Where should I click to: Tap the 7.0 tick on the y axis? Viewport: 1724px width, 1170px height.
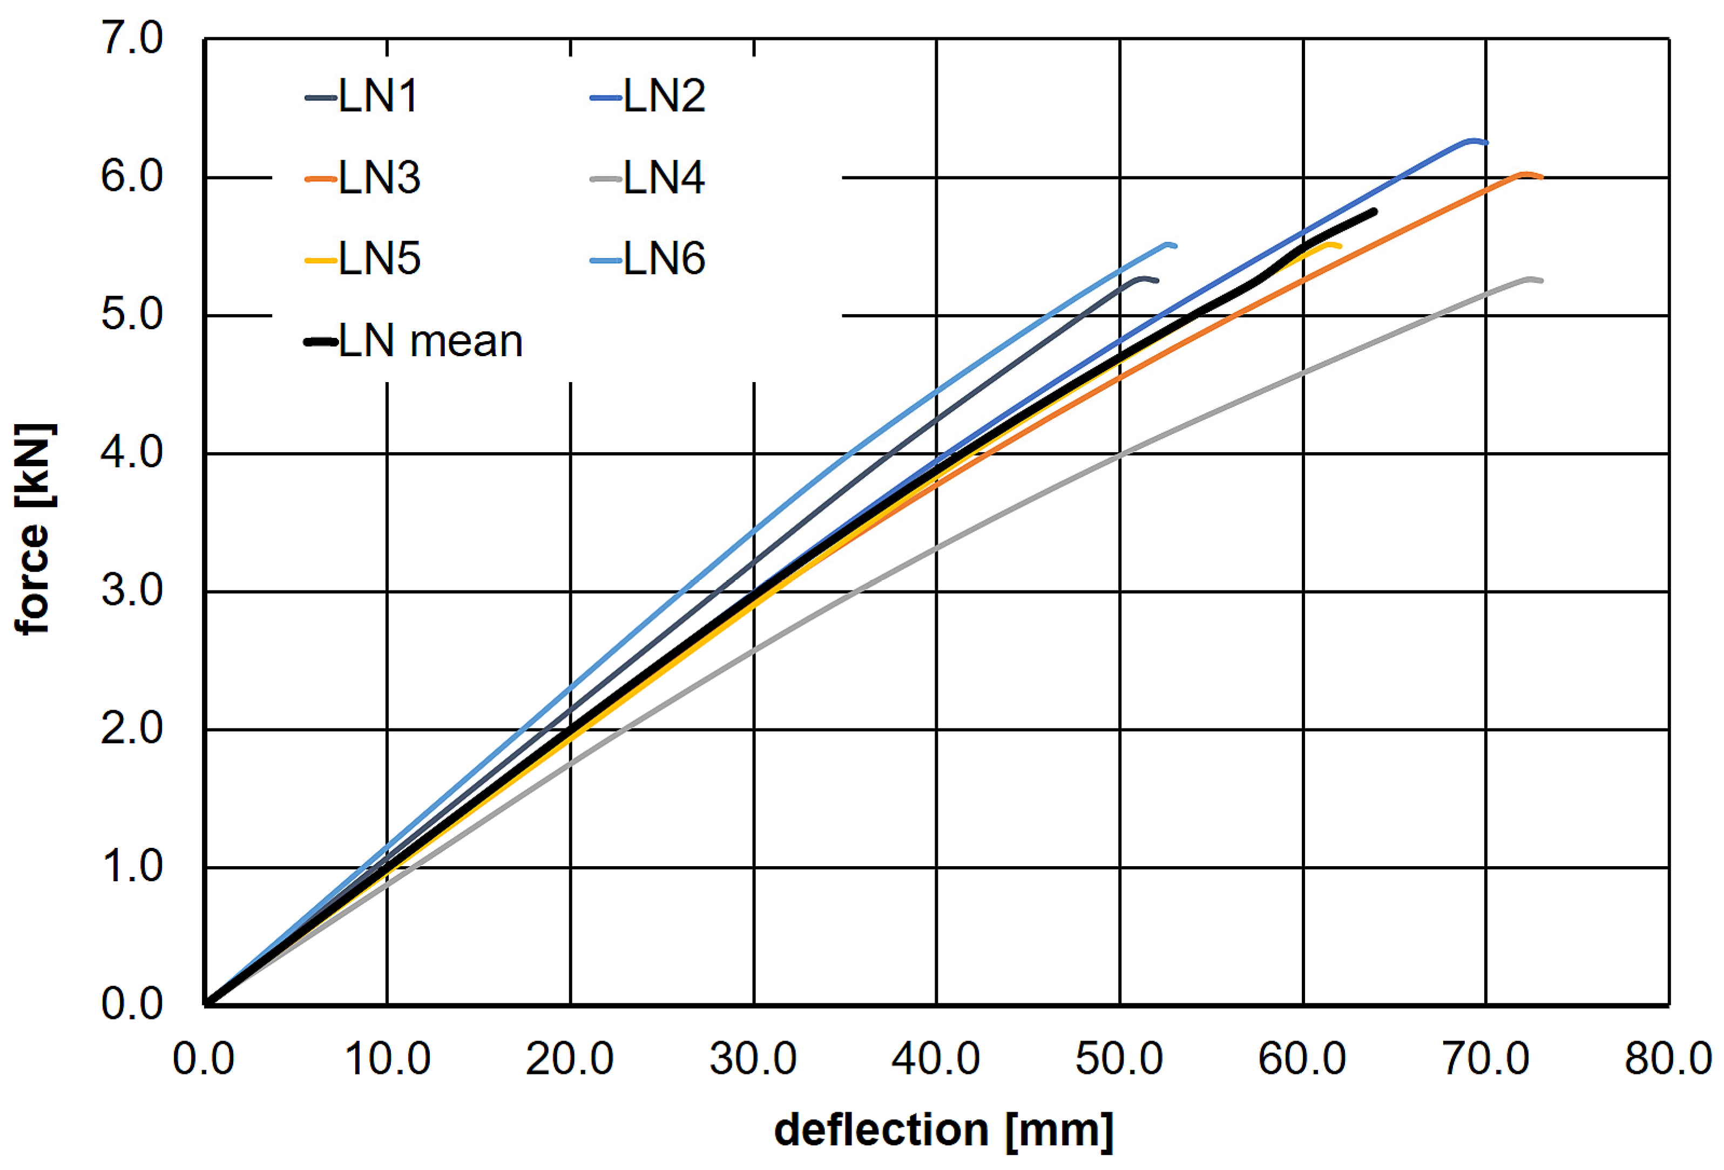pyautogui.click(x=132, y=38)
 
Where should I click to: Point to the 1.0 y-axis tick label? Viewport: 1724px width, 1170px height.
pyautogui.click(x=132, y=867)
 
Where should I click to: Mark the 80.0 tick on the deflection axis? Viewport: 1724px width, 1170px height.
pyautogui.click(x=1668, y=1059)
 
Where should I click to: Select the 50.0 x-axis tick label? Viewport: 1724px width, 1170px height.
pyautogui.click(x=1119, y=1059)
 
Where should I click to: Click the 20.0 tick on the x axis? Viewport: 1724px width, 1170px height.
pyautogui.click(x=570, y=1059)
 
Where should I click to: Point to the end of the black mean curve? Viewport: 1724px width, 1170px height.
pyautogui.click(x=1374, y=212)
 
